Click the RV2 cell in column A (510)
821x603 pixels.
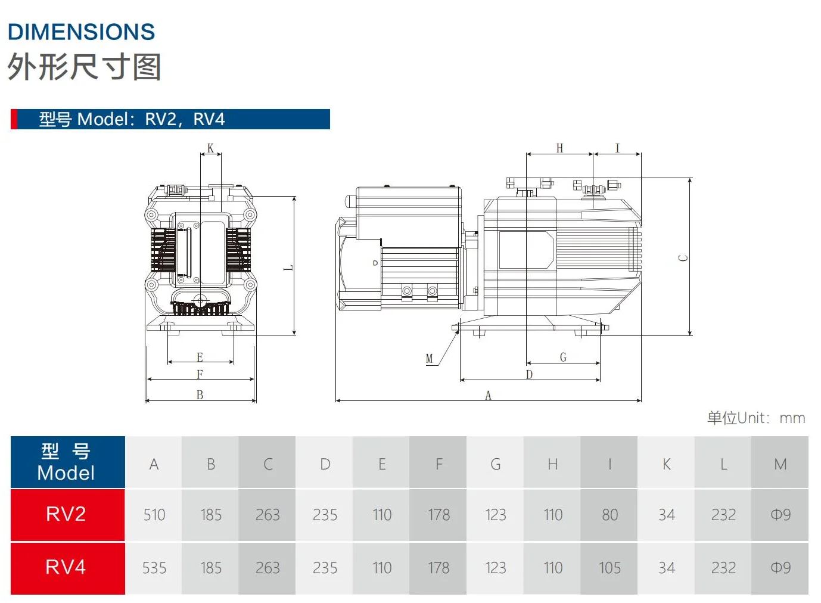click(x=154, y=515)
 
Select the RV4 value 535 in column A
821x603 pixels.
click(x=154, y=568)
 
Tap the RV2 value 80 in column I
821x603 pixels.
click(x=609, y=515)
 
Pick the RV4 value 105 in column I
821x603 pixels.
click(x=609, y=568)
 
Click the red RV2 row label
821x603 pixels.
click(x=66, y=514)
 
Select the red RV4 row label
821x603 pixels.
click(x=66, y=567)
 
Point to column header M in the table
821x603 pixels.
click(x=780, y=464)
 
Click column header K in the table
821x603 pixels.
click(x=666, y=464)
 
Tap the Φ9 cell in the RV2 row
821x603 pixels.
click(x=780, y=515)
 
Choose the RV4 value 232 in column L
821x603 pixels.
click(x=723, y=568)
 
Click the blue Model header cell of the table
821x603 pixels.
click(x=66, y=462)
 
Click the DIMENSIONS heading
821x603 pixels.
click(x=82, y=32)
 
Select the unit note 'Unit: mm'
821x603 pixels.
click(x=756, y=418)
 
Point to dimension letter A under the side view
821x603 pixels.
click(x=488, y=396)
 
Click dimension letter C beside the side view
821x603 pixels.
click(x=683, y=258)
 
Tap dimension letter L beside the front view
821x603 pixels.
click(x=288, y=268)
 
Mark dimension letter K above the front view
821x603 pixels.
click(x=210, y=148)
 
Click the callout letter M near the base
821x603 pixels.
click(x=429, y=359)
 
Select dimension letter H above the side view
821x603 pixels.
click(x=559, y=148)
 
